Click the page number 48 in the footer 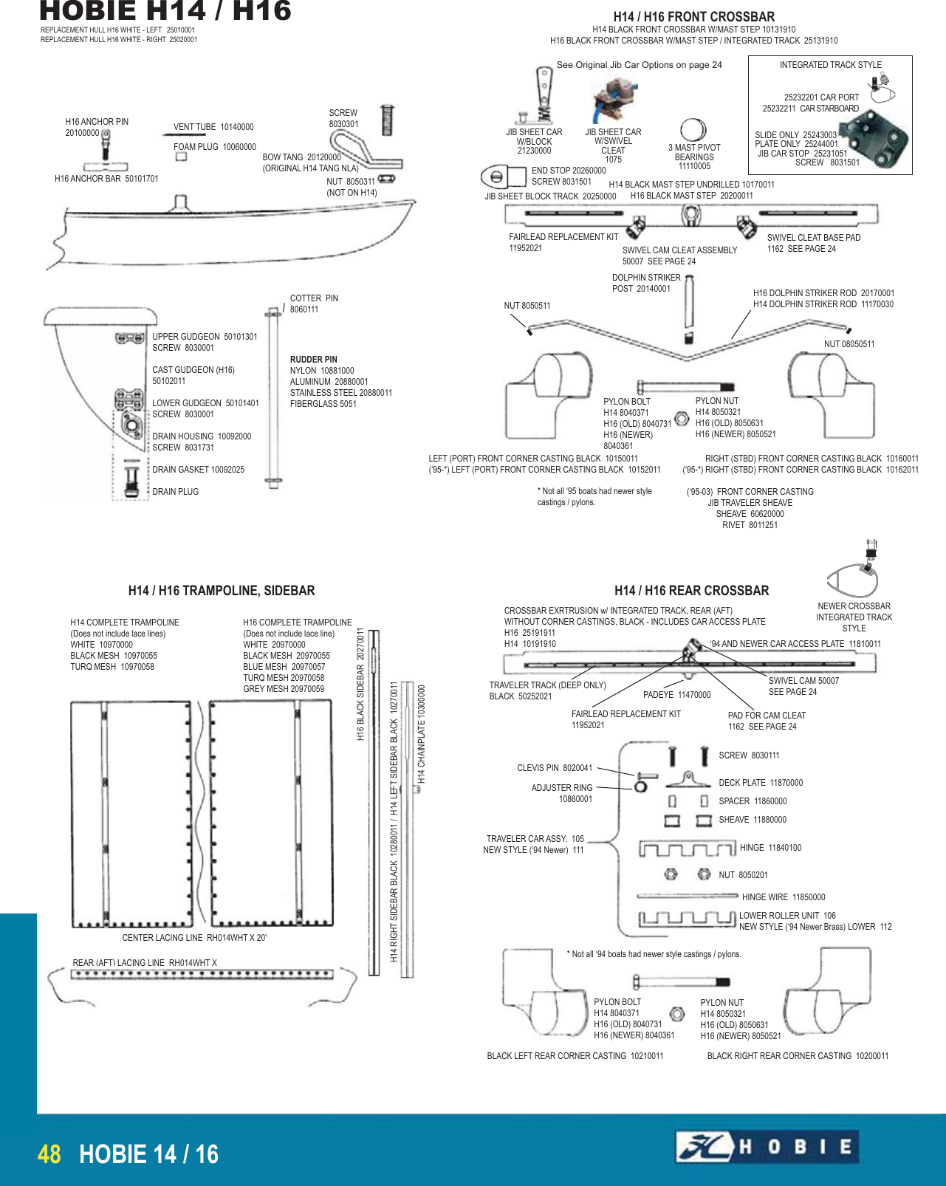point(49,1154)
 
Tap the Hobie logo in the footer point(767,1147)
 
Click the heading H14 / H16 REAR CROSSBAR point(691,591)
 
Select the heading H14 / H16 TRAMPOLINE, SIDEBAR point(222,591)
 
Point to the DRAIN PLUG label point(175,492)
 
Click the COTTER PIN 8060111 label point(313,304)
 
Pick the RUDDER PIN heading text point(313,360)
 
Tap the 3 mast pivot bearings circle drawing point(693,129)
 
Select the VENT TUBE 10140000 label point(213,127)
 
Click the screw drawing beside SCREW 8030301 point(386,120)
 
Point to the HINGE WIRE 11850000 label point(783,897)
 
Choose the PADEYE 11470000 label point(676,695)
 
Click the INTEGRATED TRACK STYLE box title point(830,65)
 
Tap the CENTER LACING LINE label point(194,938)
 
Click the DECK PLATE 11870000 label point(761,783)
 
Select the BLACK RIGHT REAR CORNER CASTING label point(798,1056)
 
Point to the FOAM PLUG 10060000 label point(214,147)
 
